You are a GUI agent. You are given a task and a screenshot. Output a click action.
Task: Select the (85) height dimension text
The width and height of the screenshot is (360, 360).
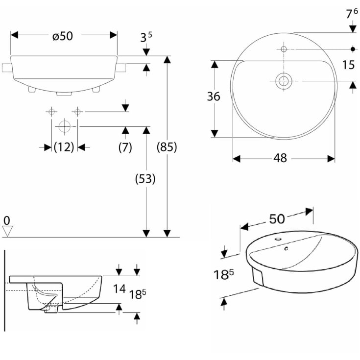[x=167, y=147]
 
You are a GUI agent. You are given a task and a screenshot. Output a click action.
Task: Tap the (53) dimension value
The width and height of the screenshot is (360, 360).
[x=145, y=179]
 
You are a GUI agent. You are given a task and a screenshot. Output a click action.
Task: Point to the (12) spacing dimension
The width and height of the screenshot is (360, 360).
[x=64, y=147]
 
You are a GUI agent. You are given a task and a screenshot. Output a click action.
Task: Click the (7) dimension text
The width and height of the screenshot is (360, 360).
[x=125, y=147]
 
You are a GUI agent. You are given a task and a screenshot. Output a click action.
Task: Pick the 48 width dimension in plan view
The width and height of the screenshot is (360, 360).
[x=280, y=158]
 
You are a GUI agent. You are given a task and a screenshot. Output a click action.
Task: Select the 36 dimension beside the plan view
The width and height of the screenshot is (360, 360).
[x=214, y=96]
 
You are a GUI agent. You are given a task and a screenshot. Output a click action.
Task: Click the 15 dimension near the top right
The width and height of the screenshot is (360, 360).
[x=348, y=65]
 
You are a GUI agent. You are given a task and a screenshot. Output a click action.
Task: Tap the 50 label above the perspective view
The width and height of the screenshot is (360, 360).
[x=277, y=219]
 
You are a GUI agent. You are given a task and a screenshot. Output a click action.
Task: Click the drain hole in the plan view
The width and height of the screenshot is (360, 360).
[x=283, y=81]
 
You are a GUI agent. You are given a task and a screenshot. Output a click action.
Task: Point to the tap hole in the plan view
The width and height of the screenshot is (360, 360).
[x=284, y=49]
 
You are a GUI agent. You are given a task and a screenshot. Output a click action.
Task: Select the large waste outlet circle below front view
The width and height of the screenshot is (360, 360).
[x=64, y=126]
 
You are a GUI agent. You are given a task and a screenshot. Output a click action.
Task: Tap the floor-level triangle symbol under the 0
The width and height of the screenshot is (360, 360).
[x=6, y=230]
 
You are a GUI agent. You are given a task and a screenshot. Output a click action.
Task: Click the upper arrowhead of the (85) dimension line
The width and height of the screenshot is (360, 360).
[x=168, y=60]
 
